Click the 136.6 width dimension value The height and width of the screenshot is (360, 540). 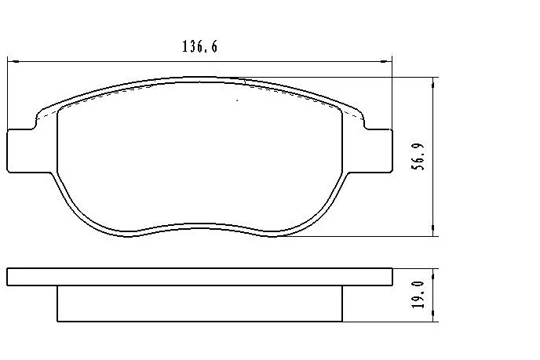(x=199, y=46)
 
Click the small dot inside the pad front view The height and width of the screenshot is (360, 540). (x=238, y=100)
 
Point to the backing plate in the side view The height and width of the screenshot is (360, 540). (x=199, y=277)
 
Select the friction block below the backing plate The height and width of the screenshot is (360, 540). (x=199, y=304)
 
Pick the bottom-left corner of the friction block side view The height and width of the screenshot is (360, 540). (x=58, y=320)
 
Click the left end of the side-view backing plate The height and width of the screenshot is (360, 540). (x=9, y=277)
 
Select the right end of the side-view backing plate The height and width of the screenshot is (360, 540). (x=390, y=277)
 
